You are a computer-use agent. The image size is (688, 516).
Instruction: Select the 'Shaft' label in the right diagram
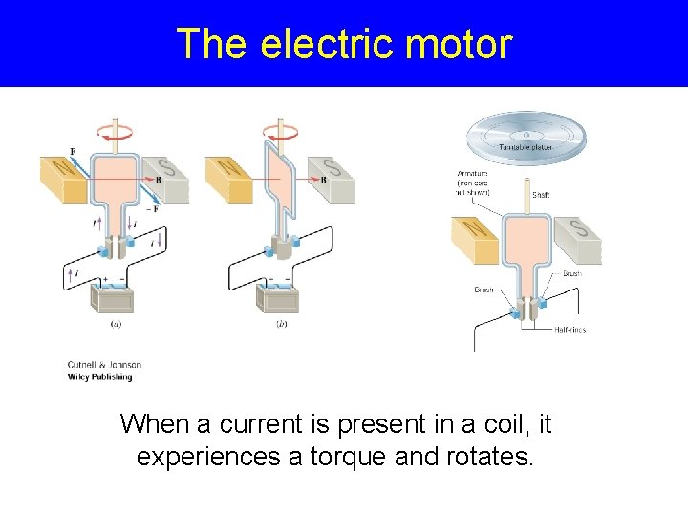click(541, 194)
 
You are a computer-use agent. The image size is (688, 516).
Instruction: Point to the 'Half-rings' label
click(570, 330)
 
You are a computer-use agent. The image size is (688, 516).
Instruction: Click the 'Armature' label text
click(473, 173)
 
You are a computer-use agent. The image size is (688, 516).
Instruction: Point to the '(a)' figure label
click(116, 324)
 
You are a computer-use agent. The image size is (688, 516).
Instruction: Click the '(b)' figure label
click(282, 324)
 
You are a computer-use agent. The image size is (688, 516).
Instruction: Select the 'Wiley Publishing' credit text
click(99, 376)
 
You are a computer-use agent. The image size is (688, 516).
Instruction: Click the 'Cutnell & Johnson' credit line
click(104, 364)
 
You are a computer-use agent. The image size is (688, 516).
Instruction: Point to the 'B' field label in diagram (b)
click(323, 179)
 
